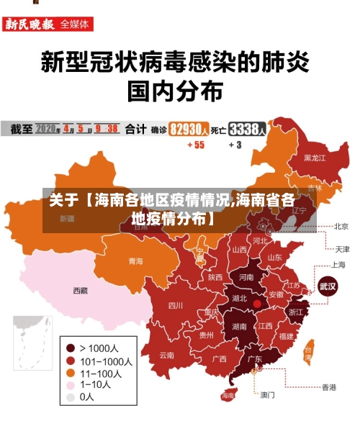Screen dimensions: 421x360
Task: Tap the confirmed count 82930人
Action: pyautogui.click(x=190, y=130)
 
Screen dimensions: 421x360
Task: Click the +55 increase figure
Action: pyautogui.click(x=195, y=145)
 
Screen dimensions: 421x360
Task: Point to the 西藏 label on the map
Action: pyautogui.click(x=80, y=291)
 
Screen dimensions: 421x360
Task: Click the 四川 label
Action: pyautogui.click(x=175, y=305)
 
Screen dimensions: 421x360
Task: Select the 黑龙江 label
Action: pyautogui.click(x=315, y=157)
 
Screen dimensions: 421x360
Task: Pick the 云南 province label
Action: pyautogui.click(x=167, y=355)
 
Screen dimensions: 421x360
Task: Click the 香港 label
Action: pyautogui.click(x=328, y=387)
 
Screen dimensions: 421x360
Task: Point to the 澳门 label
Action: pyautogui.click(x=267, y=394)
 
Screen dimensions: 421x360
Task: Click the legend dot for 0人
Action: pyautogui.click(x=71, y=397)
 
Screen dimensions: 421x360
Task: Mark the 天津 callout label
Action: pyautogui.click(x=341, y=249)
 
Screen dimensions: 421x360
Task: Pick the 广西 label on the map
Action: pyautogui.click(x=220, y=358)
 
